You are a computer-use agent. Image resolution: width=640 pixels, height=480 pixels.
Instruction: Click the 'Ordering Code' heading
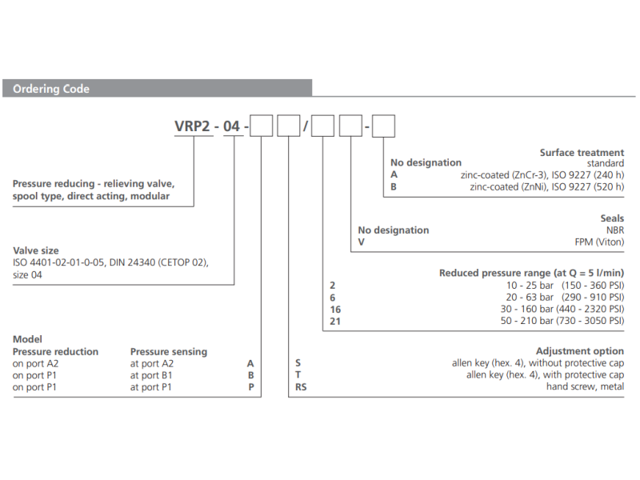[x=51, y=89]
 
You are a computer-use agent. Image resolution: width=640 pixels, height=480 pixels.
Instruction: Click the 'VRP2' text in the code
[x=192, y=126]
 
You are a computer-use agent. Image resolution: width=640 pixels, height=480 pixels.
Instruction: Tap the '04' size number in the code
[x=231, y=126]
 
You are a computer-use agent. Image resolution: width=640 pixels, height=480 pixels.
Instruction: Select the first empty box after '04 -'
[x=262, y=126]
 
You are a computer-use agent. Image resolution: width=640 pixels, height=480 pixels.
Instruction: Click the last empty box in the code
[x=383, y=126]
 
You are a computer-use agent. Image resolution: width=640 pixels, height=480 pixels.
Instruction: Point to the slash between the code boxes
[x=306, y=126]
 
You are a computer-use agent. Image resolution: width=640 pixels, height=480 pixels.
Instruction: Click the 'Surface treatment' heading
[x=582, y=153]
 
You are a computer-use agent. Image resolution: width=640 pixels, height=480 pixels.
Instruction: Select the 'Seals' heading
[x=612, y=218]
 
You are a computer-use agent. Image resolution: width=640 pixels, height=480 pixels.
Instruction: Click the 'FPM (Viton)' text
[x=599, y=242]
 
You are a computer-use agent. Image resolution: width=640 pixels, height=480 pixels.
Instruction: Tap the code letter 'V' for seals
[x=362, y=242]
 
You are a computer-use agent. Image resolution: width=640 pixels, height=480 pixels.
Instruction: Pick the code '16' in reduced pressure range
[x=335, y=310]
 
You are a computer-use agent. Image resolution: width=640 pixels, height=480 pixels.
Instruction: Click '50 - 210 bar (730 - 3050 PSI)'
[x=562, y=321]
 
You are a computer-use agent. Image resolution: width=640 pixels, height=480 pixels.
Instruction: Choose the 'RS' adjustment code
[x=301, y=387]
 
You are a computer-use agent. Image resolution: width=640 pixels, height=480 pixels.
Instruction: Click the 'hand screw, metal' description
[x=585, y=386]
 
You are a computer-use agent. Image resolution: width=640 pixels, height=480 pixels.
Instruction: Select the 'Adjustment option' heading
[x=579, y=351]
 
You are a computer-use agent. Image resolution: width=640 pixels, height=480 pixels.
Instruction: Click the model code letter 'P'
[x=251, y=387]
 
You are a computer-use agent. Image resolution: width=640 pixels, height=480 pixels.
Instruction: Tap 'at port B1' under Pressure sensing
[x=151, y=375]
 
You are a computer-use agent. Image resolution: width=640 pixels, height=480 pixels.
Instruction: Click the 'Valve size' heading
[x=36, y=250]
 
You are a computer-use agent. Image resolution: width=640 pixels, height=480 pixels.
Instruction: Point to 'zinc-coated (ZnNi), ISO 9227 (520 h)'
[x=547, y=187]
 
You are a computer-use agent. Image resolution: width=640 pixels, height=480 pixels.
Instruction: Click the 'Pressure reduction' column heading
[x=55, y=352]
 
